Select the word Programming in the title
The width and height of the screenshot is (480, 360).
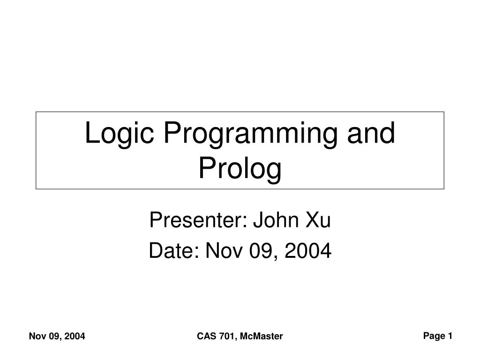250,134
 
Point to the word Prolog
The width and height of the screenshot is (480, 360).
240,169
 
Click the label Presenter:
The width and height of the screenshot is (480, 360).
198,219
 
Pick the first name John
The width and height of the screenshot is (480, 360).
276,219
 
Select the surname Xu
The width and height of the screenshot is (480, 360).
318,219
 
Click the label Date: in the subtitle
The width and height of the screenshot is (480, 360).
174,250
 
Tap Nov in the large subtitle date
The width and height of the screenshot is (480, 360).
224,250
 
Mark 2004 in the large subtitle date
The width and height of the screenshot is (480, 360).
308,250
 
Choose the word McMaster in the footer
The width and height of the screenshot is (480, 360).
262,336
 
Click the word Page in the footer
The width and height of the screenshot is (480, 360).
434,336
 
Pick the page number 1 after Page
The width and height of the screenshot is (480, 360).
450,336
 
